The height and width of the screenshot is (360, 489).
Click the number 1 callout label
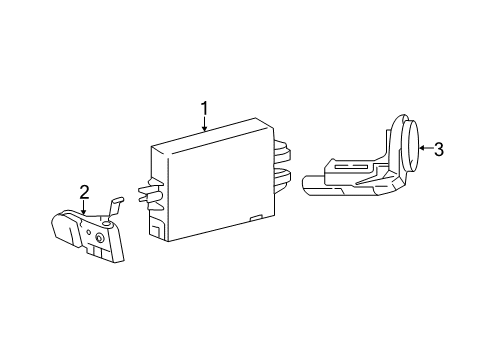204,107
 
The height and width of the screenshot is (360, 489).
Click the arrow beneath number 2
84,207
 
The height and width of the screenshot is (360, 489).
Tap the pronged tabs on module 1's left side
152,192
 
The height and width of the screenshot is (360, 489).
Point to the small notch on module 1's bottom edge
256,217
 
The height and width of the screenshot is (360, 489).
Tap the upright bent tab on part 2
115,204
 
